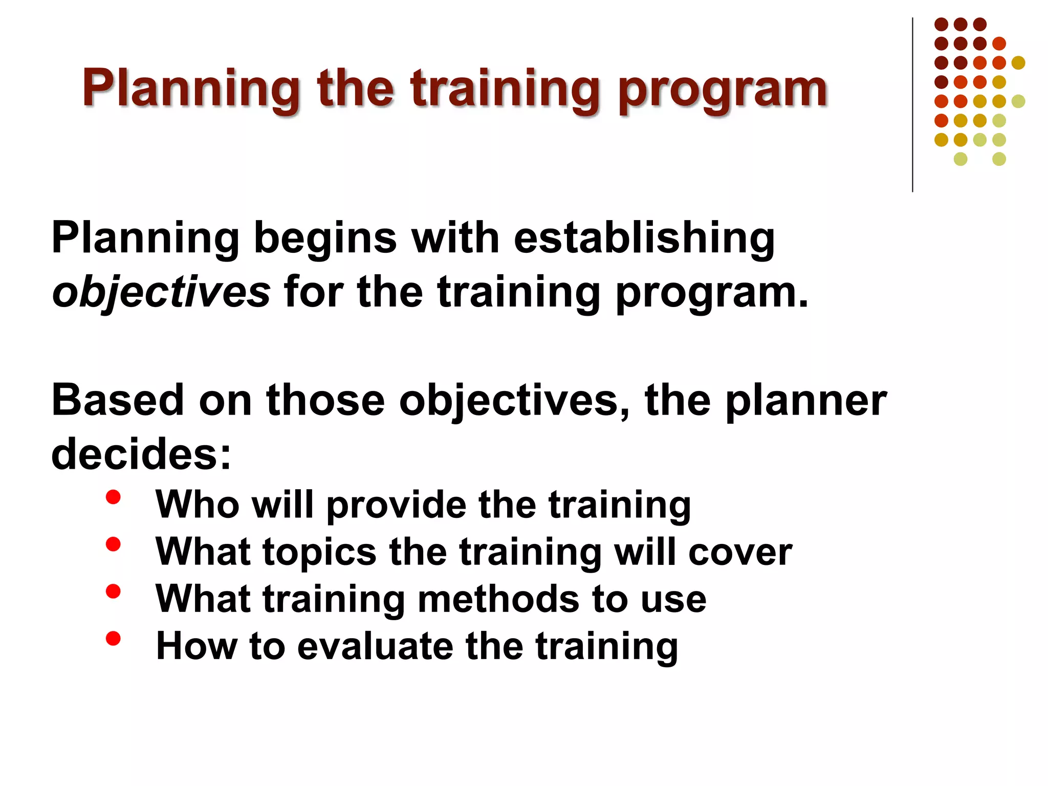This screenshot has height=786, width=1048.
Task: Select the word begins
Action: (325, 239)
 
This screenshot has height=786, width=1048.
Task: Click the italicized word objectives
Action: (161, 293)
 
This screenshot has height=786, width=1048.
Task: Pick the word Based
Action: (117, 400)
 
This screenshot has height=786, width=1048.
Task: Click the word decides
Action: (141, 454)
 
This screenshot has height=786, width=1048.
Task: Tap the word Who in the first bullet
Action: (198, 505)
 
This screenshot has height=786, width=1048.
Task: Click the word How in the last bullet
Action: (196, 646)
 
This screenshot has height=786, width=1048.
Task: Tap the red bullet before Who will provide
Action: (113, 497)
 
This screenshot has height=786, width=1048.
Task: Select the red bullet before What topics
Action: (113, 544)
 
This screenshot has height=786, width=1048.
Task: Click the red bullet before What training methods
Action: (113, 592)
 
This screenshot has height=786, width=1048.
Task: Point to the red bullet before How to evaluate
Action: (113, 639)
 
